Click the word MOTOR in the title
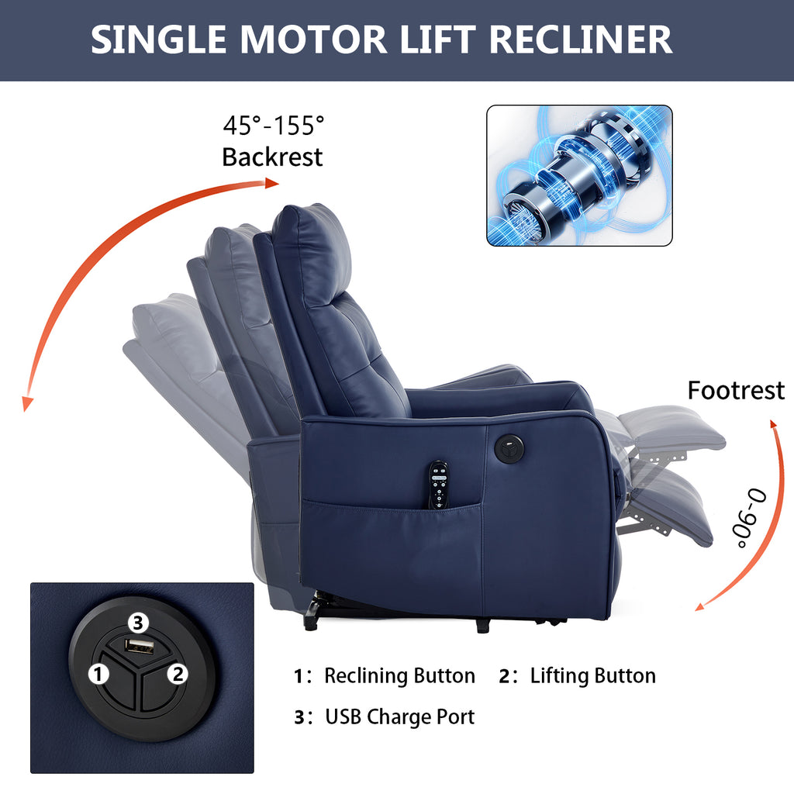[x=313, y=40]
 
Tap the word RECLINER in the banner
[x=580, y=40]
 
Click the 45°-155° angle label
[x=274, y=125]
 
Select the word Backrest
[x=272, y=157]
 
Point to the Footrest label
[x=736, y=391]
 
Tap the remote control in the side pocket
[x=438, y=485]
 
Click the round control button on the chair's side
[x=509, y=447]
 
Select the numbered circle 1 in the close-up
[x=98, y=674]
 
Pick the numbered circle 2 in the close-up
[x=178, y=674]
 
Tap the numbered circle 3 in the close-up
[x=138, y=623]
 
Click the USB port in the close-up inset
[x=140, y=646]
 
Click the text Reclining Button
[x=399, y=676]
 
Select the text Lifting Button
[x=593, y=676]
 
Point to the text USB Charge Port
[x=399, y=716]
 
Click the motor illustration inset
[x=579, y=176]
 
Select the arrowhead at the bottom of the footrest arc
[x=701, y=606]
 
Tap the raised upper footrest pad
[x=671, y=427]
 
